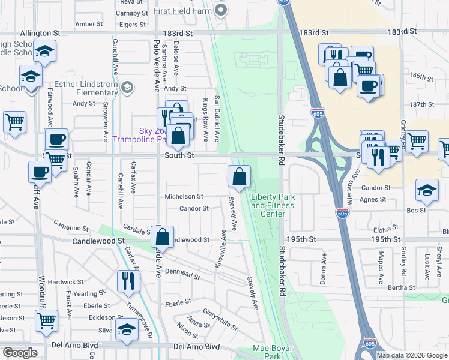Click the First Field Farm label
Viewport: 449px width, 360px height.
pyautogui.click(x=182, y=11)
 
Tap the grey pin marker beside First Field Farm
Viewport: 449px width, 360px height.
pyautogui.click(x=221, y=10)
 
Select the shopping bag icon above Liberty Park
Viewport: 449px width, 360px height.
pyautogui.click(x=239, y=177)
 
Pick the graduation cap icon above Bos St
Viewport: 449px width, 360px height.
pyautogui.click(x=427, y=190)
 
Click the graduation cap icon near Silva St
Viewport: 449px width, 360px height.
pyautogui.click(x=126, y=330)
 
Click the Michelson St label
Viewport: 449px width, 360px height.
pyautogui.click(x=184, y=197)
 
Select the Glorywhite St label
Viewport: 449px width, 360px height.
pyautogui.click(x=220, y=319)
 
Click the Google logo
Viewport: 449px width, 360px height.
pyautogui.click(x=20, y=352)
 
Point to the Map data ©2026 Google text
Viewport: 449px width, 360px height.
pyautogui.click(x=411, y=355)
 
